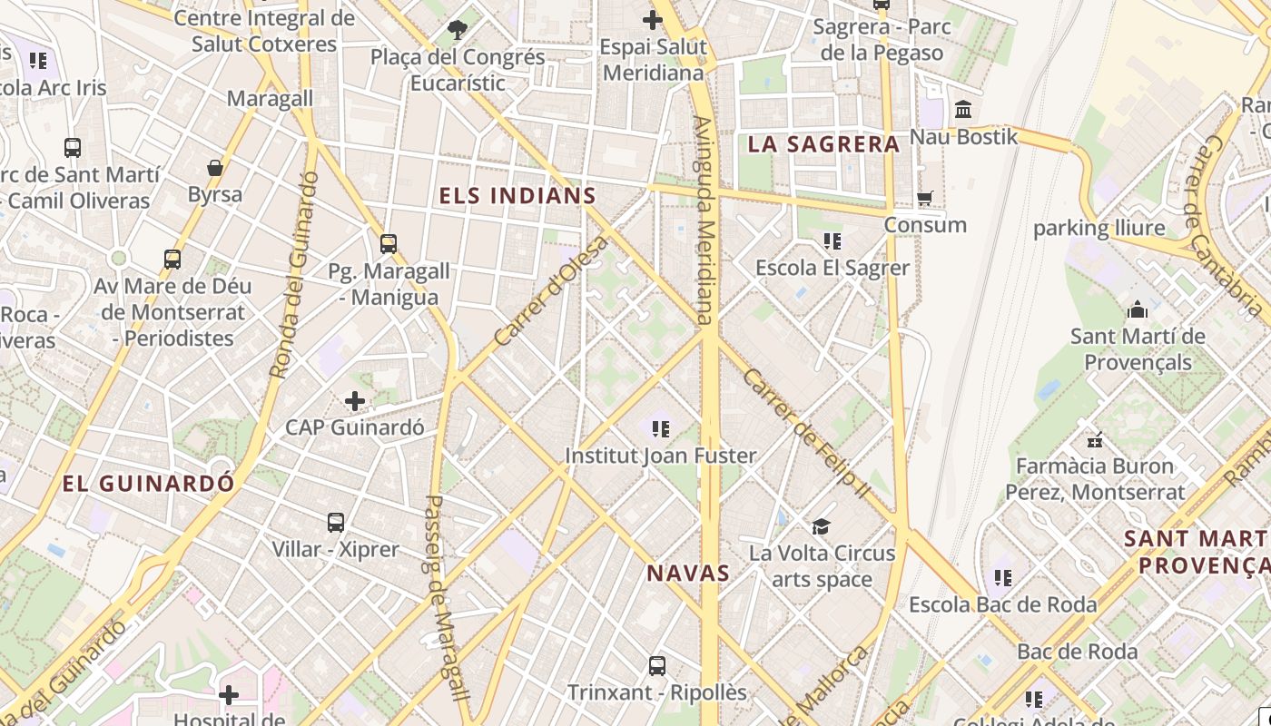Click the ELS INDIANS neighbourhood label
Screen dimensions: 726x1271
coord(517,195)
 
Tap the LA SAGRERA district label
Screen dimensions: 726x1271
coord(823,143)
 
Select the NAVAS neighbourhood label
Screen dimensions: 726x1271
coord(688,573)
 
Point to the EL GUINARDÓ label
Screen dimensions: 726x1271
coord(148,484)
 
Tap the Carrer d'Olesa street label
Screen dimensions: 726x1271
coord(551,291)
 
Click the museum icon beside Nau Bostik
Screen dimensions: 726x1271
coord(963,111)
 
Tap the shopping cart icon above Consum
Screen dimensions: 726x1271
coord(925,198)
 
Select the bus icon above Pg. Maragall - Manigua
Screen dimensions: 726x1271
coord(389,244)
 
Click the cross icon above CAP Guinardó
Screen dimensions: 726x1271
coord(355,400)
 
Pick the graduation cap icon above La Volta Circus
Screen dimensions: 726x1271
coord(822,526)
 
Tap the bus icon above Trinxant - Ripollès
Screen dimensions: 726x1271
coord(657,666)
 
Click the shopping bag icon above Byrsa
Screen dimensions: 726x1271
coord(215,168)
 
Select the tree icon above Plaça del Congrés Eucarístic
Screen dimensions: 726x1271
coord(458,30)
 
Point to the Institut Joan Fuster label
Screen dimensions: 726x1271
coord(661,456)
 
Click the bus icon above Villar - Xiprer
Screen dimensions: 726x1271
coord(336,523)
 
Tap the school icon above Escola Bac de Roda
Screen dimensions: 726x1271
coord(1002,578)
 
